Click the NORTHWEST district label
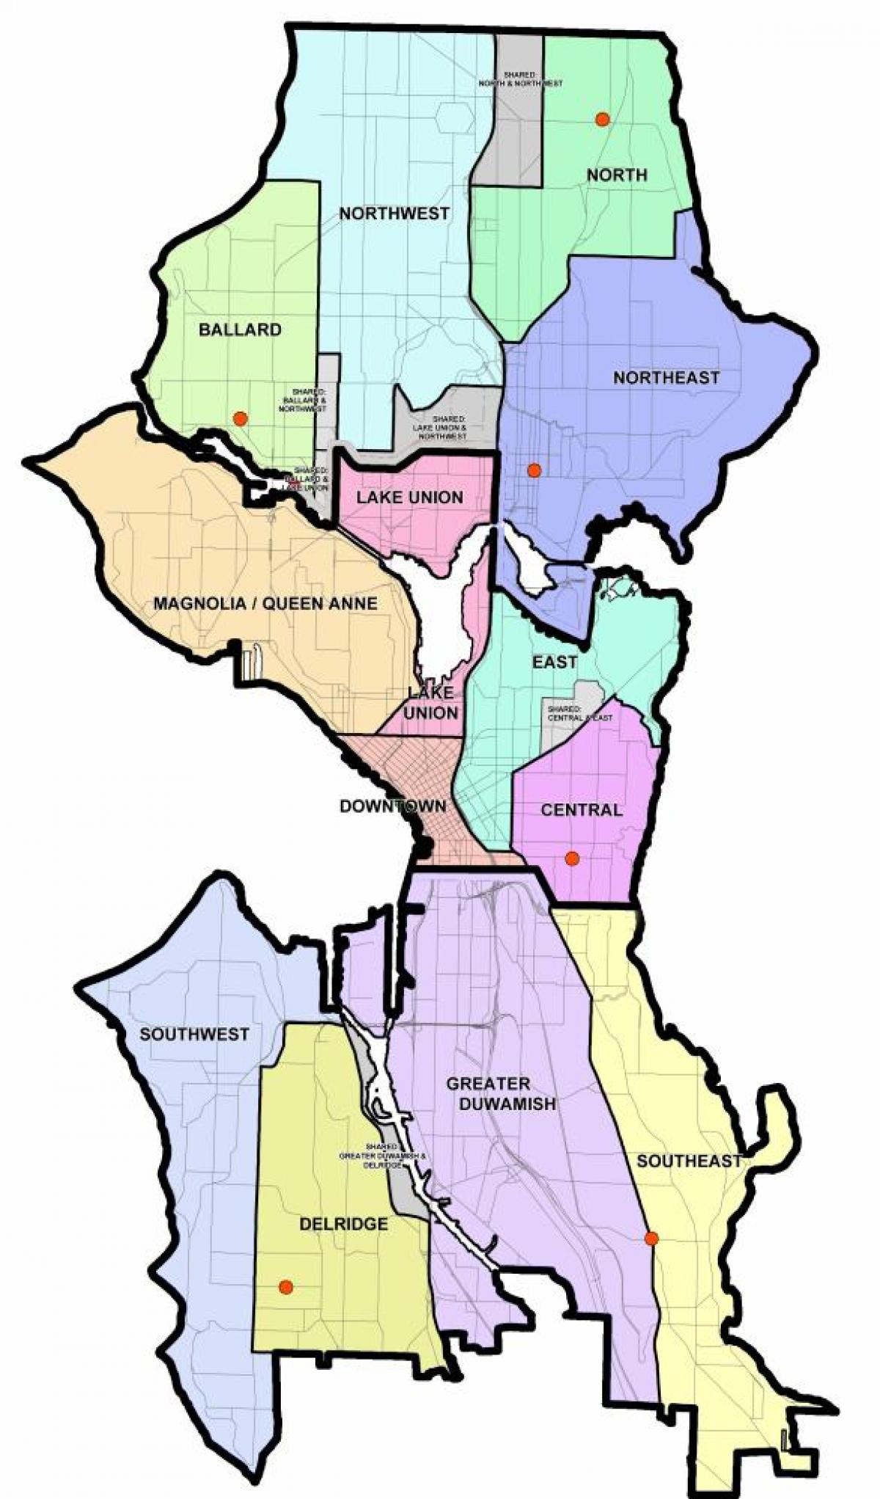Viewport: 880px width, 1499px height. (394, 214)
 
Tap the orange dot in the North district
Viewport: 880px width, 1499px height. (602, 119)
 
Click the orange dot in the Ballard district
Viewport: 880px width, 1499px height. (240, 419)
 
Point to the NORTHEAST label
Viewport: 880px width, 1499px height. (666, 377)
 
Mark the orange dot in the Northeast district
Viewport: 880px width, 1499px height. (534, 470)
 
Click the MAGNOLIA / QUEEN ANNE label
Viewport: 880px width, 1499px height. (265, 603)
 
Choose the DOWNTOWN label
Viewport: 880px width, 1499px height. (392, 806)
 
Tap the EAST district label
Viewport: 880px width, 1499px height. (554, 662)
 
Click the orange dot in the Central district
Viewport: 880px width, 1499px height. (572, 858)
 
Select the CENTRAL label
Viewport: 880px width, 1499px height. (581, 810)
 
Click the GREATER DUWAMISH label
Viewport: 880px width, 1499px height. (501, 1093)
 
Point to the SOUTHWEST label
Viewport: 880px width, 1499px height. (194, 1034)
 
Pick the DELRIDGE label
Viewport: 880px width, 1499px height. (343, 1224)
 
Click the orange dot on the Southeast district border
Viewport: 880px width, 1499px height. (651, 1239)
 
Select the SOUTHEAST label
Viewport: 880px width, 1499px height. (689, 1161)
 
